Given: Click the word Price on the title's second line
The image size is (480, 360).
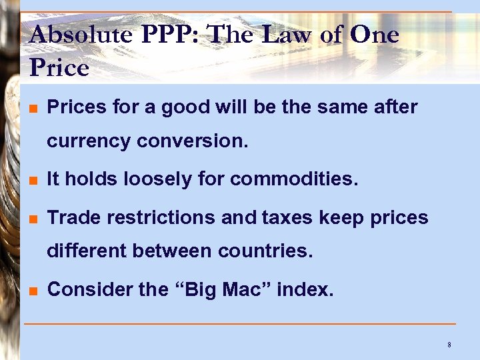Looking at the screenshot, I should (59, 67).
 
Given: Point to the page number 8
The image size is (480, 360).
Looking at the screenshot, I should (449, 345).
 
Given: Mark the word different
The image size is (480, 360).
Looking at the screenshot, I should (88, 252).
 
